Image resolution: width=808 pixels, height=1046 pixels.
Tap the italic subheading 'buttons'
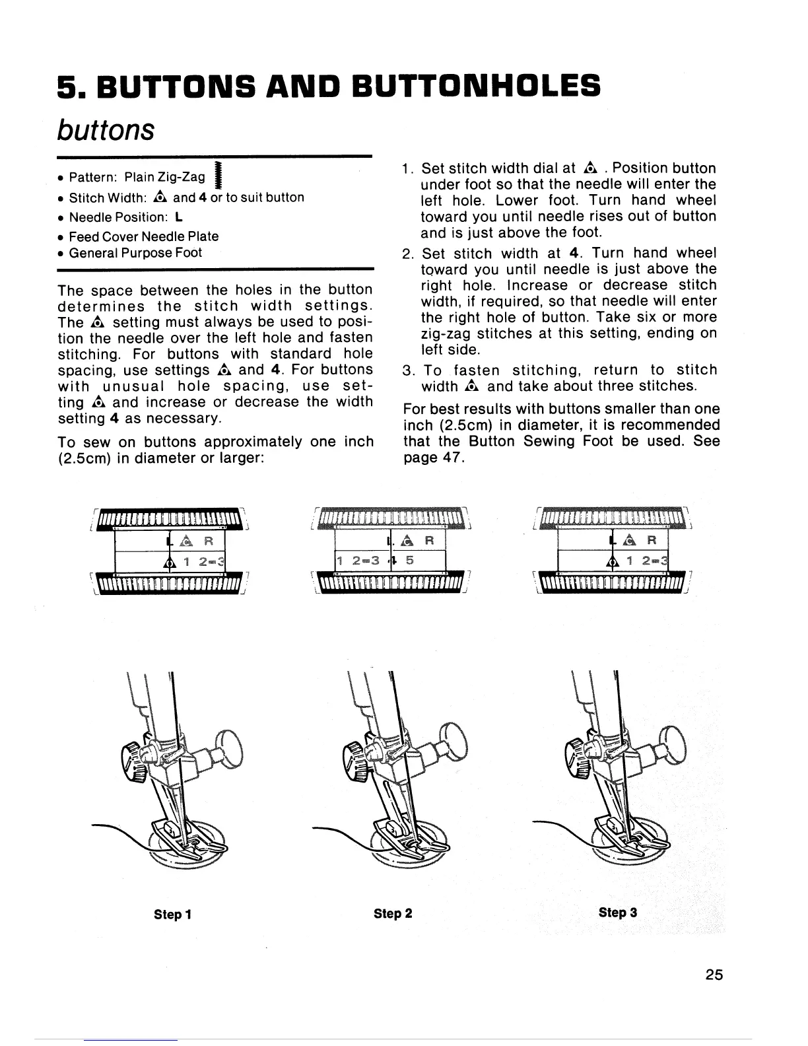pyautogui.click(x=106, y=129)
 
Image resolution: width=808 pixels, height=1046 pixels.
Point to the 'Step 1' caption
pyautogui.click(x=173, y=914)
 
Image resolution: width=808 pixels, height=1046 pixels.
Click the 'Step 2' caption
pyautogui.click(x=393, y=913)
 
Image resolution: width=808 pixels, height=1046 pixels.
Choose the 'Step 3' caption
pyautogui.click(x=618, y=913)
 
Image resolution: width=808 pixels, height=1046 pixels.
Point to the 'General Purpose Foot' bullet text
pyautogui.click(x=135, y=253)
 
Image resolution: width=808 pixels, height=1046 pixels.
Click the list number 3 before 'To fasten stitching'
pyautogui.click(x=408, y=370)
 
